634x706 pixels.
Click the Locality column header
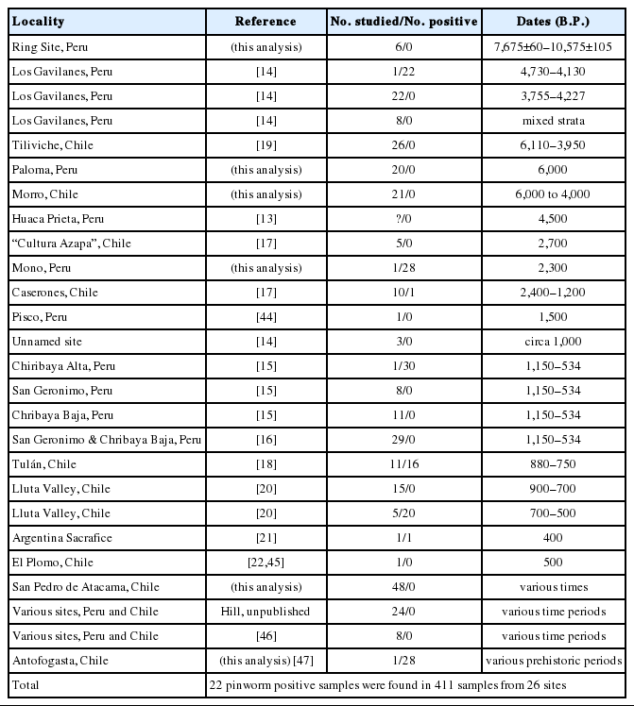click(38, 21)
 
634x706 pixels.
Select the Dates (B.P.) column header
click(555, 21)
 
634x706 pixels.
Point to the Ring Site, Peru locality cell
click(52, 46)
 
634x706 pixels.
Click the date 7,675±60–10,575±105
click(555, 46)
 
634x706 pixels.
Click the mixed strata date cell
click(555, 120)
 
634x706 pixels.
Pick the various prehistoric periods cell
click(555, 661)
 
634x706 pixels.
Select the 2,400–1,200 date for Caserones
click(555, 292)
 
